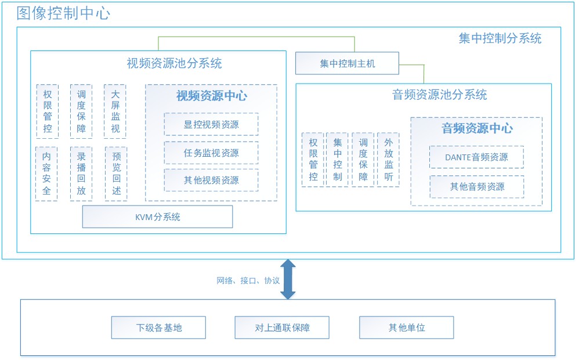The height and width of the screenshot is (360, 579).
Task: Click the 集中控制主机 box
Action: pos(347,63)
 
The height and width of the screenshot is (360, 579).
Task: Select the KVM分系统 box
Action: pos(157,217)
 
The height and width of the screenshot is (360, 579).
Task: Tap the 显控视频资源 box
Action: pos(211,124)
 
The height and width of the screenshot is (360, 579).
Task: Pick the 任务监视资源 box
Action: pos(211,153)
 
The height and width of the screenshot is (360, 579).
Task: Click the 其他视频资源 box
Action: pos(211,180)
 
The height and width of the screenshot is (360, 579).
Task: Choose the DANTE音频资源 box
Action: pos(476,157)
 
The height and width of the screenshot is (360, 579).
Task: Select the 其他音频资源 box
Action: pos(476,186)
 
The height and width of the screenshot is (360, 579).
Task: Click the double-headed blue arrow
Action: pos(288,279)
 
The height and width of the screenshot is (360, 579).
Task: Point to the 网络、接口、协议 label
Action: pos(248,280)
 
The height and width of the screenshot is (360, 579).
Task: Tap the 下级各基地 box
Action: pos(158,327)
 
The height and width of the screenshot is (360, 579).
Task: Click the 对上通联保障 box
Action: pos(282,327)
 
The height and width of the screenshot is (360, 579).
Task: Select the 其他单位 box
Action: pos(407,327)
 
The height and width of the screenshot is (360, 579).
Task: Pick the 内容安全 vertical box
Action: pos(46,174)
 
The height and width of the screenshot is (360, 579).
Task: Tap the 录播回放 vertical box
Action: pos(81,174)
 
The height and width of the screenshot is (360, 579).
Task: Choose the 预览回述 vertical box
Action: pos(116,174)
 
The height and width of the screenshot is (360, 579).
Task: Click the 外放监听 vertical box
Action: pos(388,159)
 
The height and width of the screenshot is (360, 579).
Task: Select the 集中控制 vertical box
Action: pos(338,159)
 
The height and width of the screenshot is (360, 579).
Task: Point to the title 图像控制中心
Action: pos(63,13)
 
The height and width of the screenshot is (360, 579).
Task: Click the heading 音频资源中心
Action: pos(476,128)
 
